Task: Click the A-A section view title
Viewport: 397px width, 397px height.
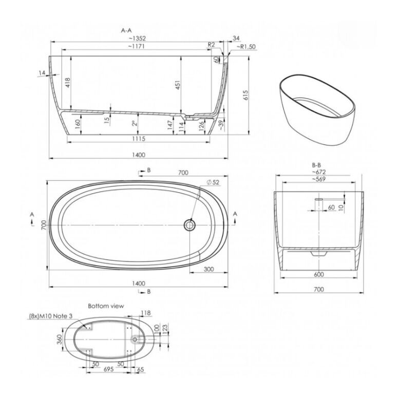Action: coord(126,31)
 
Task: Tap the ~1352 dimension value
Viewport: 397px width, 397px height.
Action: coord(137,39)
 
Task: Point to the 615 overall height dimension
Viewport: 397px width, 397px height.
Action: coord(245,95)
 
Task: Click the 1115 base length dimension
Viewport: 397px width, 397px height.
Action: coord(139,139)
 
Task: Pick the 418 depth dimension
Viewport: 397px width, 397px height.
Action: coord(68,83)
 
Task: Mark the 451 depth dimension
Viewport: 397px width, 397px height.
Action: coord(178,85)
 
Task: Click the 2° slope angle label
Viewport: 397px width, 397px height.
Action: coord(135,123)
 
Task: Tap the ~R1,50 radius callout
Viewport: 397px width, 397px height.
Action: coord(246,47)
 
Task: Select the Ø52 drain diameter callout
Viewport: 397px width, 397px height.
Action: coord(213,182)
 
